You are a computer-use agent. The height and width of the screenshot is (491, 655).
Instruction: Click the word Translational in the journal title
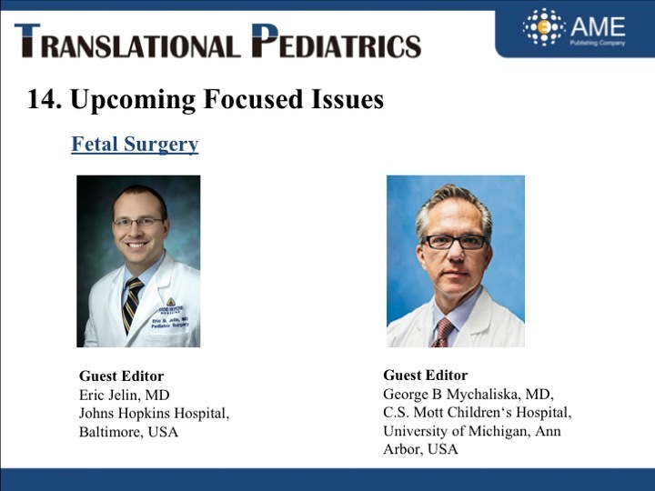coord(127,41)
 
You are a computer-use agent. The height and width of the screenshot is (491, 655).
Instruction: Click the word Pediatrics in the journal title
coord(337,41)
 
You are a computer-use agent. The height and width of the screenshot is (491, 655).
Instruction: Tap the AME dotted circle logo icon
coord(543,26)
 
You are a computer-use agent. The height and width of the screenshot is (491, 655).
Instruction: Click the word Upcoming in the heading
coord(133,101)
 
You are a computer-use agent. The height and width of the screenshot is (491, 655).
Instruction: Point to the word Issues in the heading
coord(348,99)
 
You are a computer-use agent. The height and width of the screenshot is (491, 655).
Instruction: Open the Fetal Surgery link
coord(135,145)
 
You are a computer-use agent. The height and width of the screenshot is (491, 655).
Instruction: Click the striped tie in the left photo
coord(132,304)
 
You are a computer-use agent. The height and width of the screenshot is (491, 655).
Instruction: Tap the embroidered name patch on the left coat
coord(170,318)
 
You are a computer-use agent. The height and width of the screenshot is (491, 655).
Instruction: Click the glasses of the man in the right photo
coord(455,242)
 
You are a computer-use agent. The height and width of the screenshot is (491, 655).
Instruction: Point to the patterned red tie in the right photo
coord(443,333)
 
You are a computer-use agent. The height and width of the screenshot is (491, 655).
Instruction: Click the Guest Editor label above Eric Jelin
coord(121,376)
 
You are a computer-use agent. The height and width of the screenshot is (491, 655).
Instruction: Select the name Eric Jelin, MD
coord(124,395)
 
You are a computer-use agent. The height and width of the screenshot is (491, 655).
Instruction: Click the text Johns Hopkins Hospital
coord(154,414)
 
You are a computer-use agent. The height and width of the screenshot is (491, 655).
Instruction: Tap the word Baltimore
coord(112,432)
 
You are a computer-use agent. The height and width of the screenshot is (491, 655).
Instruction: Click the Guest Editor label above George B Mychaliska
coord(425,375)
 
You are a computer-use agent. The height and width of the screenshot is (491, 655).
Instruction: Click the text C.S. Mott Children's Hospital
coord(477,412)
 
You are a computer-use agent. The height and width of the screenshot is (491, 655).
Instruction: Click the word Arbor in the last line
coord(403,449)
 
